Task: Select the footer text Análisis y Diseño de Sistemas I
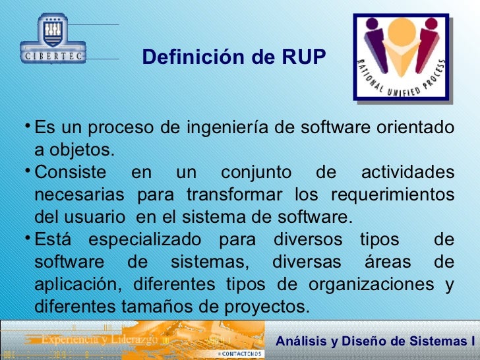click(x=375, y=341)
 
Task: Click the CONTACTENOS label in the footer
click(x=240, y=354)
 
